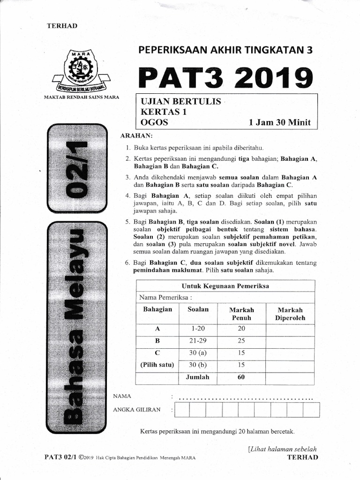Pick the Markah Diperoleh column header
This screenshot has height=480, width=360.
tap(290, 314)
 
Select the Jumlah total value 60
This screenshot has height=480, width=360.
tap(241, 377)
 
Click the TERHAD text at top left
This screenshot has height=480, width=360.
tap(62, 25)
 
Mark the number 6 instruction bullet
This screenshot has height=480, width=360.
tap(127, 262)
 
